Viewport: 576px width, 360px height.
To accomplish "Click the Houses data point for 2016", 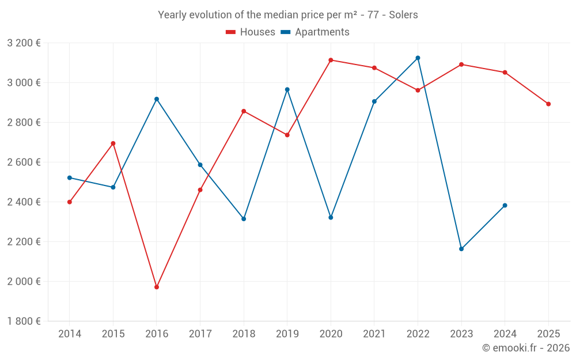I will tap(157, 287).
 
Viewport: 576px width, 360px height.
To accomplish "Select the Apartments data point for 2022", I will tap(418, 58).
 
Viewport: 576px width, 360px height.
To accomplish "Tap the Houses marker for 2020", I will tap(331, 60).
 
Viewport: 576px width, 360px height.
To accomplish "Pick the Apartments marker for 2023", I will tap(461, 249).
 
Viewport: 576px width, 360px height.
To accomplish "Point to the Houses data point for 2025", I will tap(548, 104).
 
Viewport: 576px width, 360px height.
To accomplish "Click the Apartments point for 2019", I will tap(287, 90).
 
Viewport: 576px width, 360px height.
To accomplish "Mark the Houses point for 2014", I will tap(70, 202).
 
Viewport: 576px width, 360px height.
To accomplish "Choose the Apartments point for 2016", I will tap(157, 99).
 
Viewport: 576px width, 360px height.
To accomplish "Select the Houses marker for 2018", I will tap(244, 111).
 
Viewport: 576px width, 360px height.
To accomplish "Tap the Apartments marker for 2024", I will tap(505, 206).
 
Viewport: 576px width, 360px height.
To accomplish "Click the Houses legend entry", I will tap(251, 32).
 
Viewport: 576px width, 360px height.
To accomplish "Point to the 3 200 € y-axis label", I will tap(24, 43).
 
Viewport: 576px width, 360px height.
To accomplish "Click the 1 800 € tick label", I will tap(24, 321).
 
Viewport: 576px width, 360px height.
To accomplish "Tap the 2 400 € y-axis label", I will tap(24, 202).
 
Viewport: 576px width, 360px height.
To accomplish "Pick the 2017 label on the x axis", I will tap(200, 334).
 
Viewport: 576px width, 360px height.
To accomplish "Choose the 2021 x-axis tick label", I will tap(374, 334).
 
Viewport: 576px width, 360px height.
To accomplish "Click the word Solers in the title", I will tap(403, 15).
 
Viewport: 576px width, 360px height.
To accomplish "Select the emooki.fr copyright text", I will tap(525, 348).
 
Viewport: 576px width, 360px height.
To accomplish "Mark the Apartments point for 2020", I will tap(331, 218).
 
